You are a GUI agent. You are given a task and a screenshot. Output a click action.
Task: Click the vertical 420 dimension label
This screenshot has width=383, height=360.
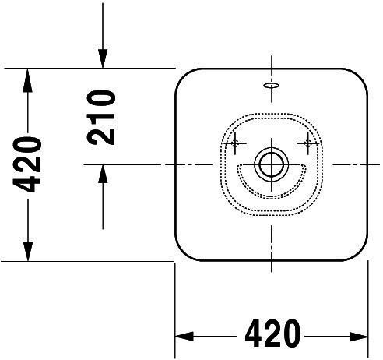tap(27, 164)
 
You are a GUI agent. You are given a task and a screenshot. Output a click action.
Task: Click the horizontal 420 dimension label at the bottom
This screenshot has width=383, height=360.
tap(272, 334)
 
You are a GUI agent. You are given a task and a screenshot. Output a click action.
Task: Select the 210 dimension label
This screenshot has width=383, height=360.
tap(101, 117)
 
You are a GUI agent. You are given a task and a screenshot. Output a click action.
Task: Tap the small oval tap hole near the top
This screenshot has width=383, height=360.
tap(272, 85)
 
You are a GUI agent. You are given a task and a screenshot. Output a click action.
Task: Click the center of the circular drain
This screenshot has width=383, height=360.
tap(272, 164)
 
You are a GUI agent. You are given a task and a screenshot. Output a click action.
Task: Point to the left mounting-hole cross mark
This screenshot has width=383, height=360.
tap(235, 143)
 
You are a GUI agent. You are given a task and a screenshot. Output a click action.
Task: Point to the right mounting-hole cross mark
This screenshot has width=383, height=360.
tap(308, 143)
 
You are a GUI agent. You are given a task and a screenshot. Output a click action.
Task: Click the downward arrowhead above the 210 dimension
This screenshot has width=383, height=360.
tap(103, 58)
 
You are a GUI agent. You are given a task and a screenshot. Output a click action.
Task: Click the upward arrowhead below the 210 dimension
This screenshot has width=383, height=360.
tap(103, 175)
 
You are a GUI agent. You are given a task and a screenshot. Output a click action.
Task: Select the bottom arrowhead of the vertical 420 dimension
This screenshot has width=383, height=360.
tap(28, 251)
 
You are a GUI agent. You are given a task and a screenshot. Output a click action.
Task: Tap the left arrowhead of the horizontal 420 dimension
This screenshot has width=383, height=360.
tap(184, 336)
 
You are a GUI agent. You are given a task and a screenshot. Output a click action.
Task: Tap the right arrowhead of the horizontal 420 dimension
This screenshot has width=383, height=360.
tap(359, 337)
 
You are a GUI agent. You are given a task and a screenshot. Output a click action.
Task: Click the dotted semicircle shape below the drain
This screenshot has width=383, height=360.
tap(272, 198)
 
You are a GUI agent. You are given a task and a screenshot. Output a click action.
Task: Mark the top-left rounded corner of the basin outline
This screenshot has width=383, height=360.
tap(183, 76)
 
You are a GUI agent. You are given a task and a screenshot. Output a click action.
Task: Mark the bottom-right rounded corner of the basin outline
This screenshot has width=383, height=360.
tap(360, 253)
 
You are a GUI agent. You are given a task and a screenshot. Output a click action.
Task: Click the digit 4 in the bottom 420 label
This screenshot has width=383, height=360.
tap(254, 334)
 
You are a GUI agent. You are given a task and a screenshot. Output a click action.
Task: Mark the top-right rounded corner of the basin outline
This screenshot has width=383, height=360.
tap(360, 76)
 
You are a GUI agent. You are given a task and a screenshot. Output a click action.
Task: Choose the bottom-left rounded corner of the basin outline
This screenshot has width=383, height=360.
tap(183, 253)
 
